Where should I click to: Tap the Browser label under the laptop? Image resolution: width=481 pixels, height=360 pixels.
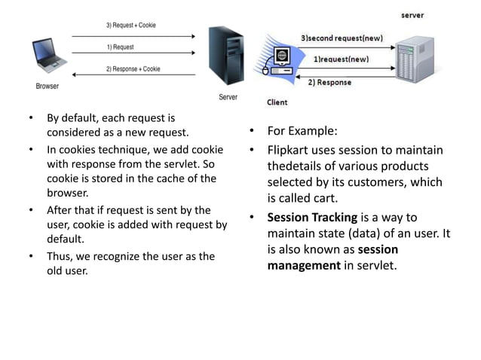[x=47, y=86]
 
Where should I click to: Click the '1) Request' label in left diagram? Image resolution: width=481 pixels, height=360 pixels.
[x=120, y=47]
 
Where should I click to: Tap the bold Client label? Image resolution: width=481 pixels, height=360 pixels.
[x=277, y=102]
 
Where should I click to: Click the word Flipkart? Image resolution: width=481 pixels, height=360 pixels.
[x=290, y=150]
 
